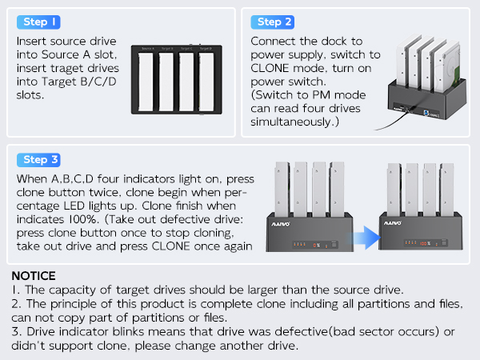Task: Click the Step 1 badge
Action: (x=39, y=22)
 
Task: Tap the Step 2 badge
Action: (x=274, y=22)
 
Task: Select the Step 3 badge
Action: (x=39, y=160)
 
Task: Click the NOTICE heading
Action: (x=39, y=275)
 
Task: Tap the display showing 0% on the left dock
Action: (x=317, y=245)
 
